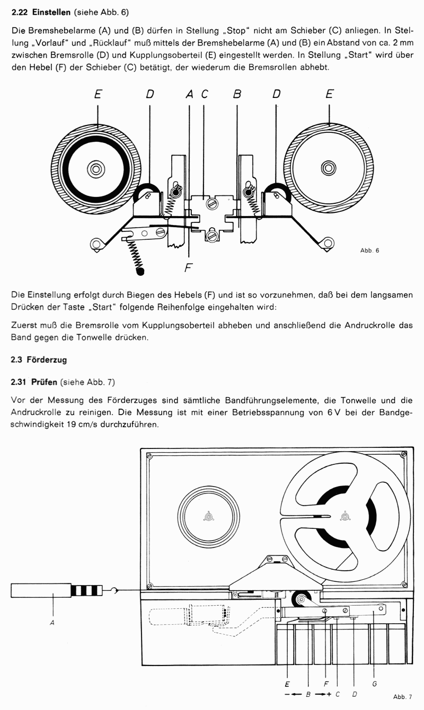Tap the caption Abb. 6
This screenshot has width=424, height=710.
(369, 250)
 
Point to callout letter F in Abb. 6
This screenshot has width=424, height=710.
(187, 268)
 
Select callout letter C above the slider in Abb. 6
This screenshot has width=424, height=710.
(205, 95)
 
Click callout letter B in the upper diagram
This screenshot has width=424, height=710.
(237, 95)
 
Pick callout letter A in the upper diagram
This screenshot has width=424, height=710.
(190, 95)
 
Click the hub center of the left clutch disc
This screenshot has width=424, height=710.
(96, 169)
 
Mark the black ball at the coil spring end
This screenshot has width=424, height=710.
(140, 272)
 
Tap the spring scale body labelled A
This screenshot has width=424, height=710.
(40, 590)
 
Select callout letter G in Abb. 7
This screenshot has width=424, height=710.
(375, 684)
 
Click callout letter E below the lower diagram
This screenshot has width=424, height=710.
(287, 684)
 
